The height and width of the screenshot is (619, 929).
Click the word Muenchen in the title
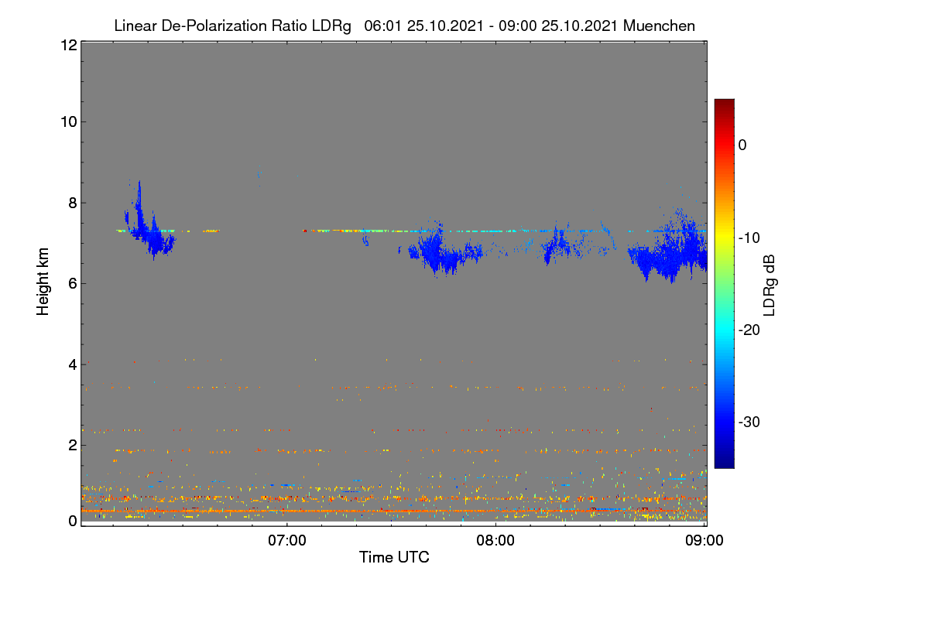point(659,26)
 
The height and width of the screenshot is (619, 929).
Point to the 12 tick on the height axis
point(69,45)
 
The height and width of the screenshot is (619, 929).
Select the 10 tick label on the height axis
point(69,122)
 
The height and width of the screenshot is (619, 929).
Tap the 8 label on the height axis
point(73,203)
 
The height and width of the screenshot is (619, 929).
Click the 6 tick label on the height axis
point(73,284)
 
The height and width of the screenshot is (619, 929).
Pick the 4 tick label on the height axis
point(73,364)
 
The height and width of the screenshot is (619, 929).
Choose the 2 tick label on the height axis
point(73,445)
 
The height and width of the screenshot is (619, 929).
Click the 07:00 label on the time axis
point(287,541)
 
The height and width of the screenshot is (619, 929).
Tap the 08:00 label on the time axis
point(495,541)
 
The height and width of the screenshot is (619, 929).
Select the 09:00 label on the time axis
point(704,541)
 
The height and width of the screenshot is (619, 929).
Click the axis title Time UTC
point(394,557)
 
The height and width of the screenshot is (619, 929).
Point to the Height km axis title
point(43,282)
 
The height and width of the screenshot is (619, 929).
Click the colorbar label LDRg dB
point(770,286)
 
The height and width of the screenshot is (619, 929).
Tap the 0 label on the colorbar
point(742,145)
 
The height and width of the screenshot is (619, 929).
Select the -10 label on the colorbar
point(749,238)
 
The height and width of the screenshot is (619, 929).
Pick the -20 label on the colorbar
point(749,330)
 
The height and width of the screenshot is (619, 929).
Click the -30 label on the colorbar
point(749,422)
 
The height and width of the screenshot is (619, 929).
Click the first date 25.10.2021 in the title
point(445,26)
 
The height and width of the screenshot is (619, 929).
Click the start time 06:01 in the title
point(382,26)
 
